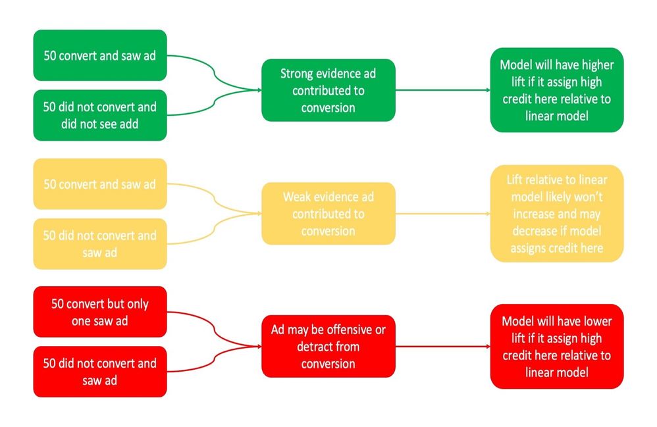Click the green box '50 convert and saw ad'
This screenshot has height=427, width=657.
pos(100,55)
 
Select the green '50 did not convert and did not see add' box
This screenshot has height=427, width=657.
pos(100,115)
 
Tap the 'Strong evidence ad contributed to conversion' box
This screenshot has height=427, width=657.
pos(328,90)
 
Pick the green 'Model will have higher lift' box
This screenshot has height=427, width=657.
pos(556,90)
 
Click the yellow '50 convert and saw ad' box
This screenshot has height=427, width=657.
pos(100,184)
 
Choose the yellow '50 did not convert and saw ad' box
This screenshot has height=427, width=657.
pos(100,243)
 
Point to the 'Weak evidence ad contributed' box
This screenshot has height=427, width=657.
pos(328,213)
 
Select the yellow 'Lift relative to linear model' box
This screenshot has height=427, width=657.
pos(556,213)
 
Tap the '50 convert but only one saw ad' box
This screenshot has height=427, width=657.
pos(100,313)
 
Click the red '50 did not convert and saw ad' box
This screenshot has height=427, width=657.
pos(100,372)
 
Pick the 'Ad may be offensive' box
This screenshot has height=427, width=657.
pos(328,346)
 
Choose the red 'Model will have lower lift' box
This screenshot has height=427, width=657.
pos(556,346)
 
